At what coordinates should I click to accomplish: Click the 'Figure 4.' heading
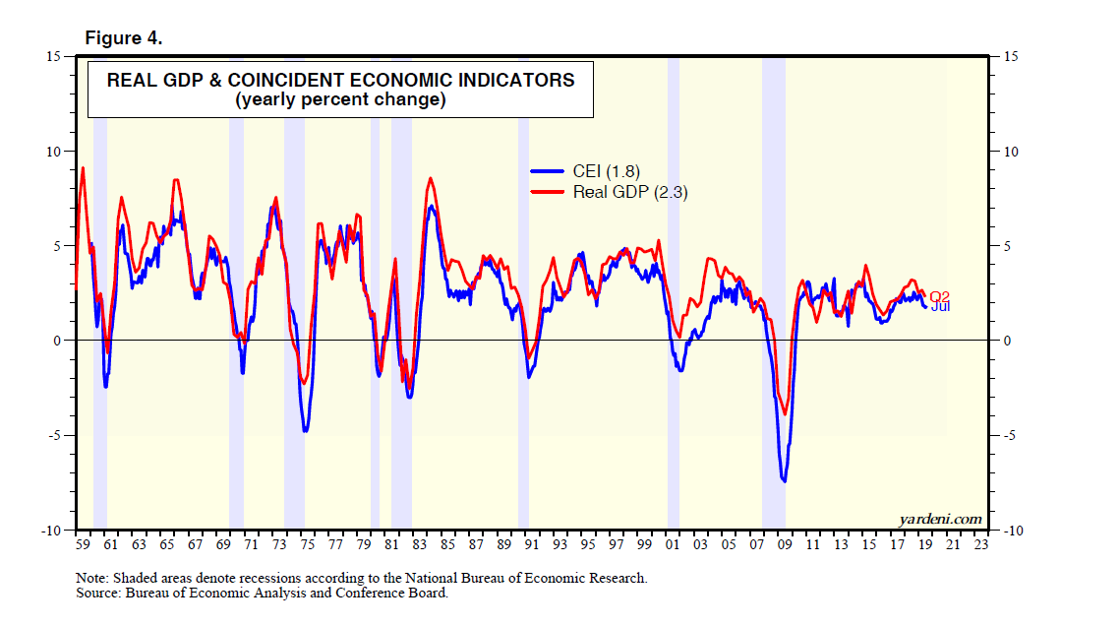[x=124, y=38]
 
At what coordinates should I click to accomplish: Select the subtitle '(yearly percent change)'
[x=340, y=100]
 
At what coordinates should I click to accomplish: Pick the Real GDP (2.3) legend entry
[x=629, y=193]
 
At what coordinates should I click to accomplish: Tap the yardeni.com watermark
[x=940, y=519]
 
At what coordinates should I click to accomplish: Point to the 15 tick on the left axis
[x=56, y=56]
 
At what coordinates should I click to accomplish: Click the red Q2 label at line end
[x=940, y=296]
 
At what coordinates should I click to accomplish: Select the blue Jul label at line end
[x=940, y=307]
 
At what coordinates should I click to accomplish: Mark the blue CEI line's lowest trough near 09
[x=784, y=480]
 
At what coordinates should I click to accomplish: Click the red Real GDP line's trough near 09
[x=784, y=413]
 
